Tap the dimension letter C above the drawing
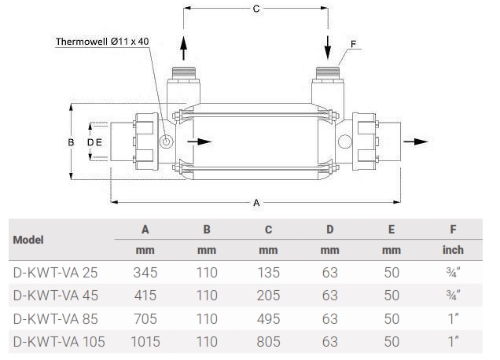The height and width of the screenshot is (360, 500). [x=255, y=9]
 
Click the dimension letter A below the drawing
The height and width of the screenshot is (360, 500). [x=256, y=203]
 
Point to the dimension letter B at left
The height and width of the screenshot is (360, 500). [x=71, y=142]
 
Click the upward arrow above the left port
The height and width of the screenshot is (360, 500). [x=184, y=46]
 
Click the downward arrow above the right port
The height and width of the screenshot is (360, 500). [x=327, y=46]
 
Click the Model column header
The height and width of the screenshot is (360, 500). [x=28, y=240]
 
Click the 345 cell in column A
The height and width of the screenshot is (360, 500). [x=145, y=273]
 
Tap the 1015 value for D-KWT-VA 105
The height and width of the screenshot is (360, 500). [x=145, y=342]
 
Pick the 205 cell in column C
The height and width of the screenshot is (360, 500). [x=268, y=296]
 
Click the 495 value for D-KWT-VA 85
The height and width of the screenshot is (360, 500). [x=268, y=319]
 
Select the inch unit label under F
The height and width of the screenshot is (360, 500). [x=453, y=250]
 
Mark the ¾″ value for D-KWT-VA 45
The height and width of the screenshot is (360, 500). [x=453, y=296]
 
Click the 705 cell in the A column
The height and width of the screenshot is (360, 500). [x=145, y=319]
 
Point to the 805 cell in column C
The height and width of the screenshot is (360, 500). [x=268, y=342]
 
